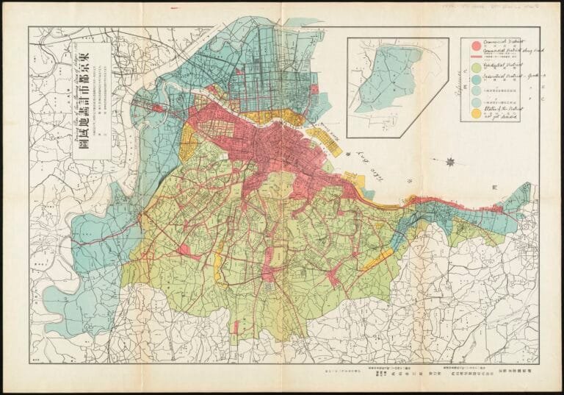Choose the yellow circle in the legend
click(475, 114)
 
